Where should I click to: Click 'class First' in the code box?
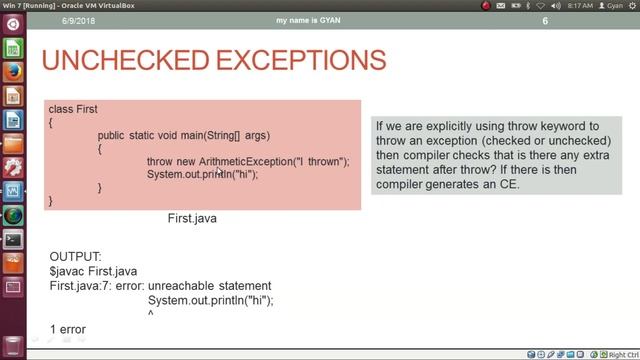pyautogui.click(x=73, y=109)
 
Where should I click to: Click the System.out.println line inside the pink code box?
pyautogui.click(x=202, y=175)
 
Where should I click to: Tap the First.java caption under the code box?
pyautogui.click(x=192, y=218)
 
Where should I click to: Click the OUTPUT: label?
pyautogui.click(x=75, y=257)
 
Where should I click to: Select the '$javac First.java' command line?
pyautogui.click(x=93, y=271)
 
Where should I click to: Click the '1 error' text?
pyautogui.click(x=67, y=329)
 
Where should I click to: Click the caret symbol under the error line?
pyautogui.click(x=151, y=314)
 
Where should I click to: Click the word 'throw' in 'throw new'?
pyautogui.click(x=160, y=162)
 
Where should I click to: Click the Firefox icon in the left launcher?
pyautogui.click(x=13, y=72)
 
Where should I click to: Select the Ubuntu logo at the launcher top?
pyautogui.click(x=13, y=24)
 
